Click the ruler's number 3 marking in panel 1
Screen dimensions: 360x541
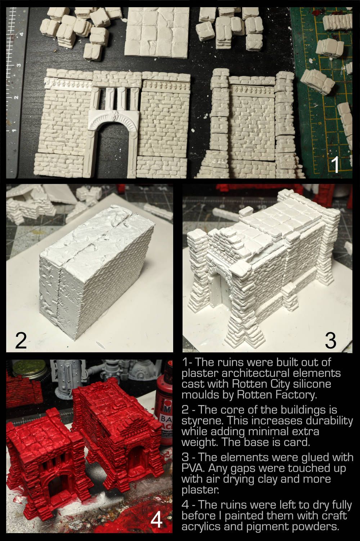point(19,65)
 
